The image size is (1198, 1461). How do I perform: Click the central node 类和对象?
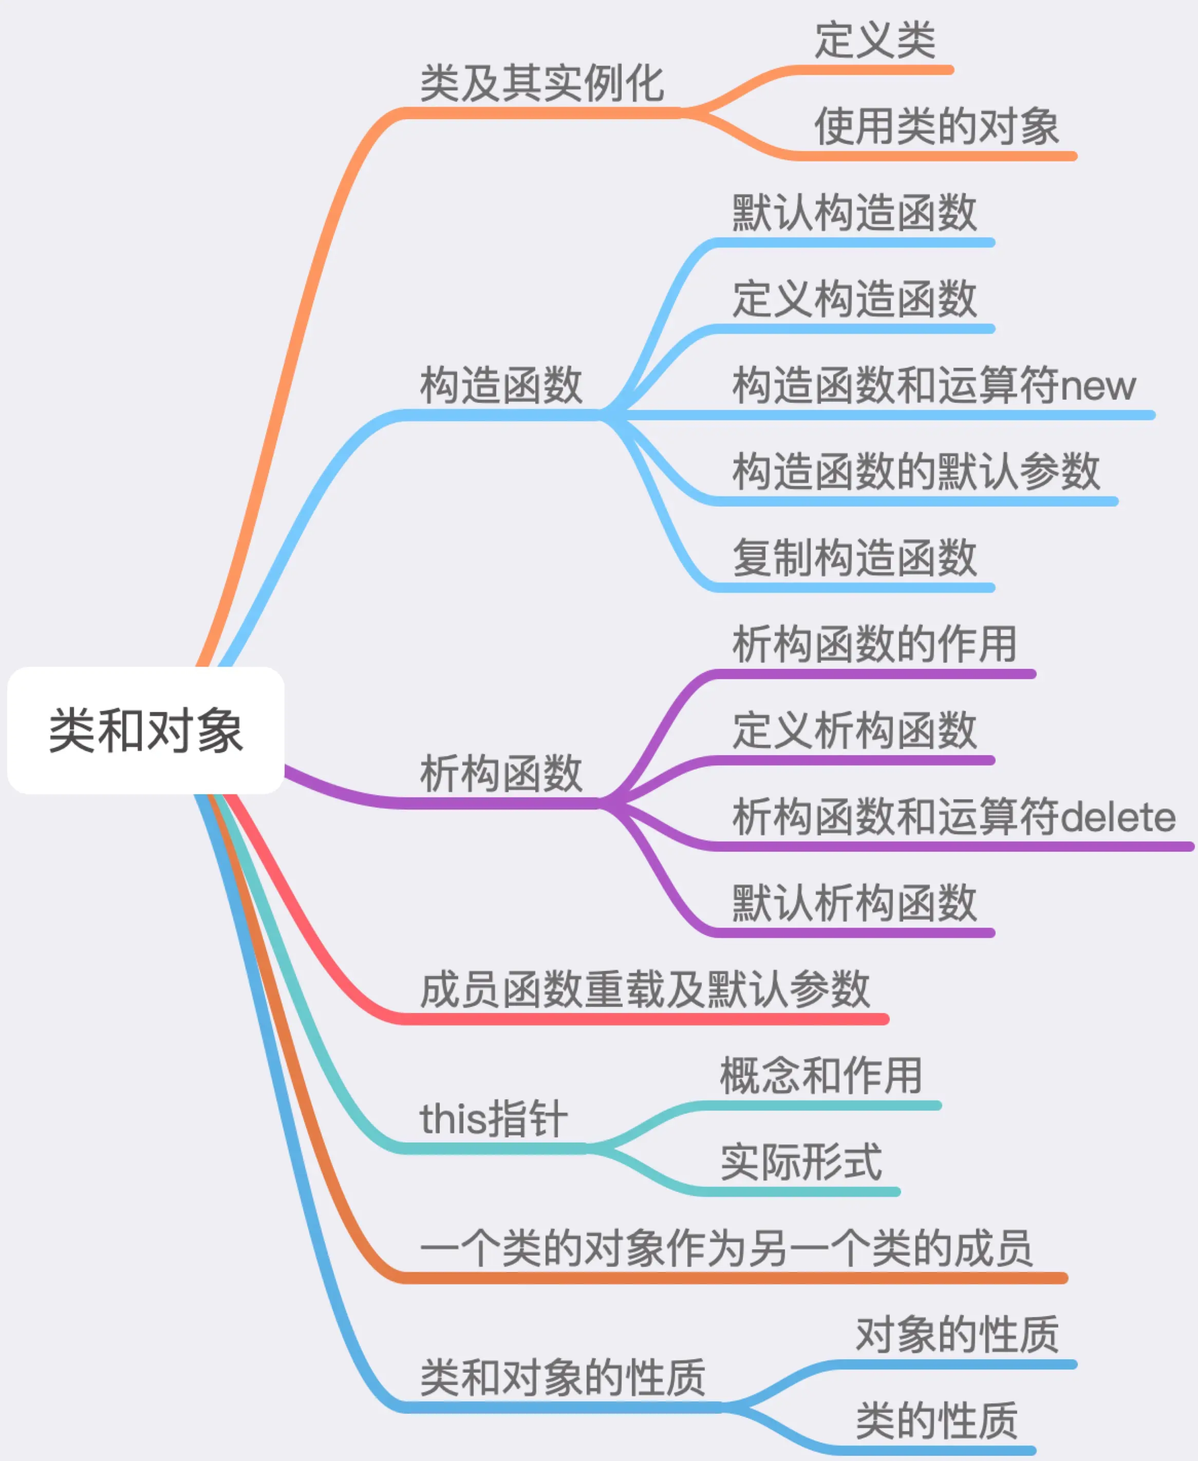coord(145,730)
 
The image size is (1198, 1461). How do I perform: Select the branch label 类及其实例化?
coord(542,84)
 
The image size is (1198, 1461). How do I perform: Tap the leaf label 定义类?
coord(875,40)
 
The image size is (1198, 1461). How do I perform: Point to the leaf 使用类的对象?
coord(937,127)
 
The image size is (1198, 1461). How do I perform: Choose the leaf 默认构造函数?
coord(854,213)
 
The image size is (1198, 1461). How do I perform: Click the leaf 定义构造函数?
coord(854,299)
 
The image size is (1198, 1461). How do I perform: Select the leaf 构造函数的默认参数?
coord(916,472)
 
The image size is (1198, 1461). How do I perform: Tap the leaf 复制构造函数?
coord(854,557)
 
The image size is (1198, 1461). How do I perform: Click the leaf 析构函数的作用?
coord(874,644)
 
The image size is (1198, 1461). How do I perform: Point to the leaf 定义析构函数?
coord(854,730)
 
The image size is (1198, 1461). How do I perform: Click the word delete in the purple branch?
coord(1117,817)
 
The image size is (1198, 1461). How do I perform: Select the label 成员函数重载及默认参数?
coord(645,989)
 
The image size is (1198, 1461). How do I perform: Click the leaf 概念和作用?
coord(820,1076)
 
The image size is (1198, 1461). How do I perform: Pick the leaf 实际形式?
coord(800,1162)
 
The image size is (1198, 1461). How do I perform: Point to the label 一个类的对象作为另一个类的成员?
coord(726,1248)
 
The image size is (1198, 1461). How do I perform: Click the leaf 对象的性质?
coord(957,1335)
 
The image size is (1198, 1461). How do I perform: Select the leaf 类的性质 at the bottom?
coord(937,1421)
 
